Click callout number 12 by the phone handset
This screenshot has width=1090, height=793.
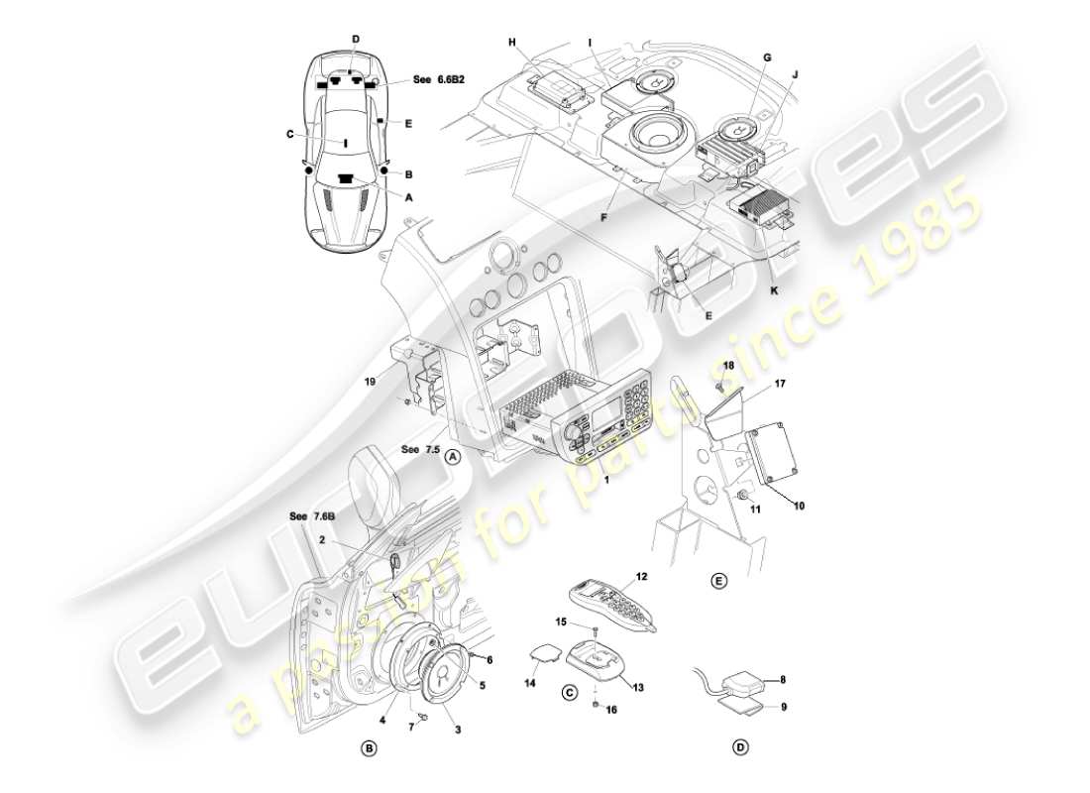point(641,576)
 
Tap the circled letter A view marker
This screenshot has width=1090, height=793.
point(452,457)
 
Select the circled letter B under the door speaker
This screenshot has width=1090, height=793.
point(369,748)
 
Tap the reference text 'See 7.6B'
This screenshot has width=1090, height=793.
point(310,516)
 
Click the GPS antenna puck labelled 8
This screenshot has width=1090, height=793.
point(744,684)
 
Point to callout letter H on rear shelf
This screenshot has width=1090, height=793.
point(513,42)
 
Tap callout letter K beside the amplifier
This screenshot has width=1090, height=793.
point(775,291)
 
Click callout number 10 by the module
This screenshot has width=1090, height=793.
point(799,506)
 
